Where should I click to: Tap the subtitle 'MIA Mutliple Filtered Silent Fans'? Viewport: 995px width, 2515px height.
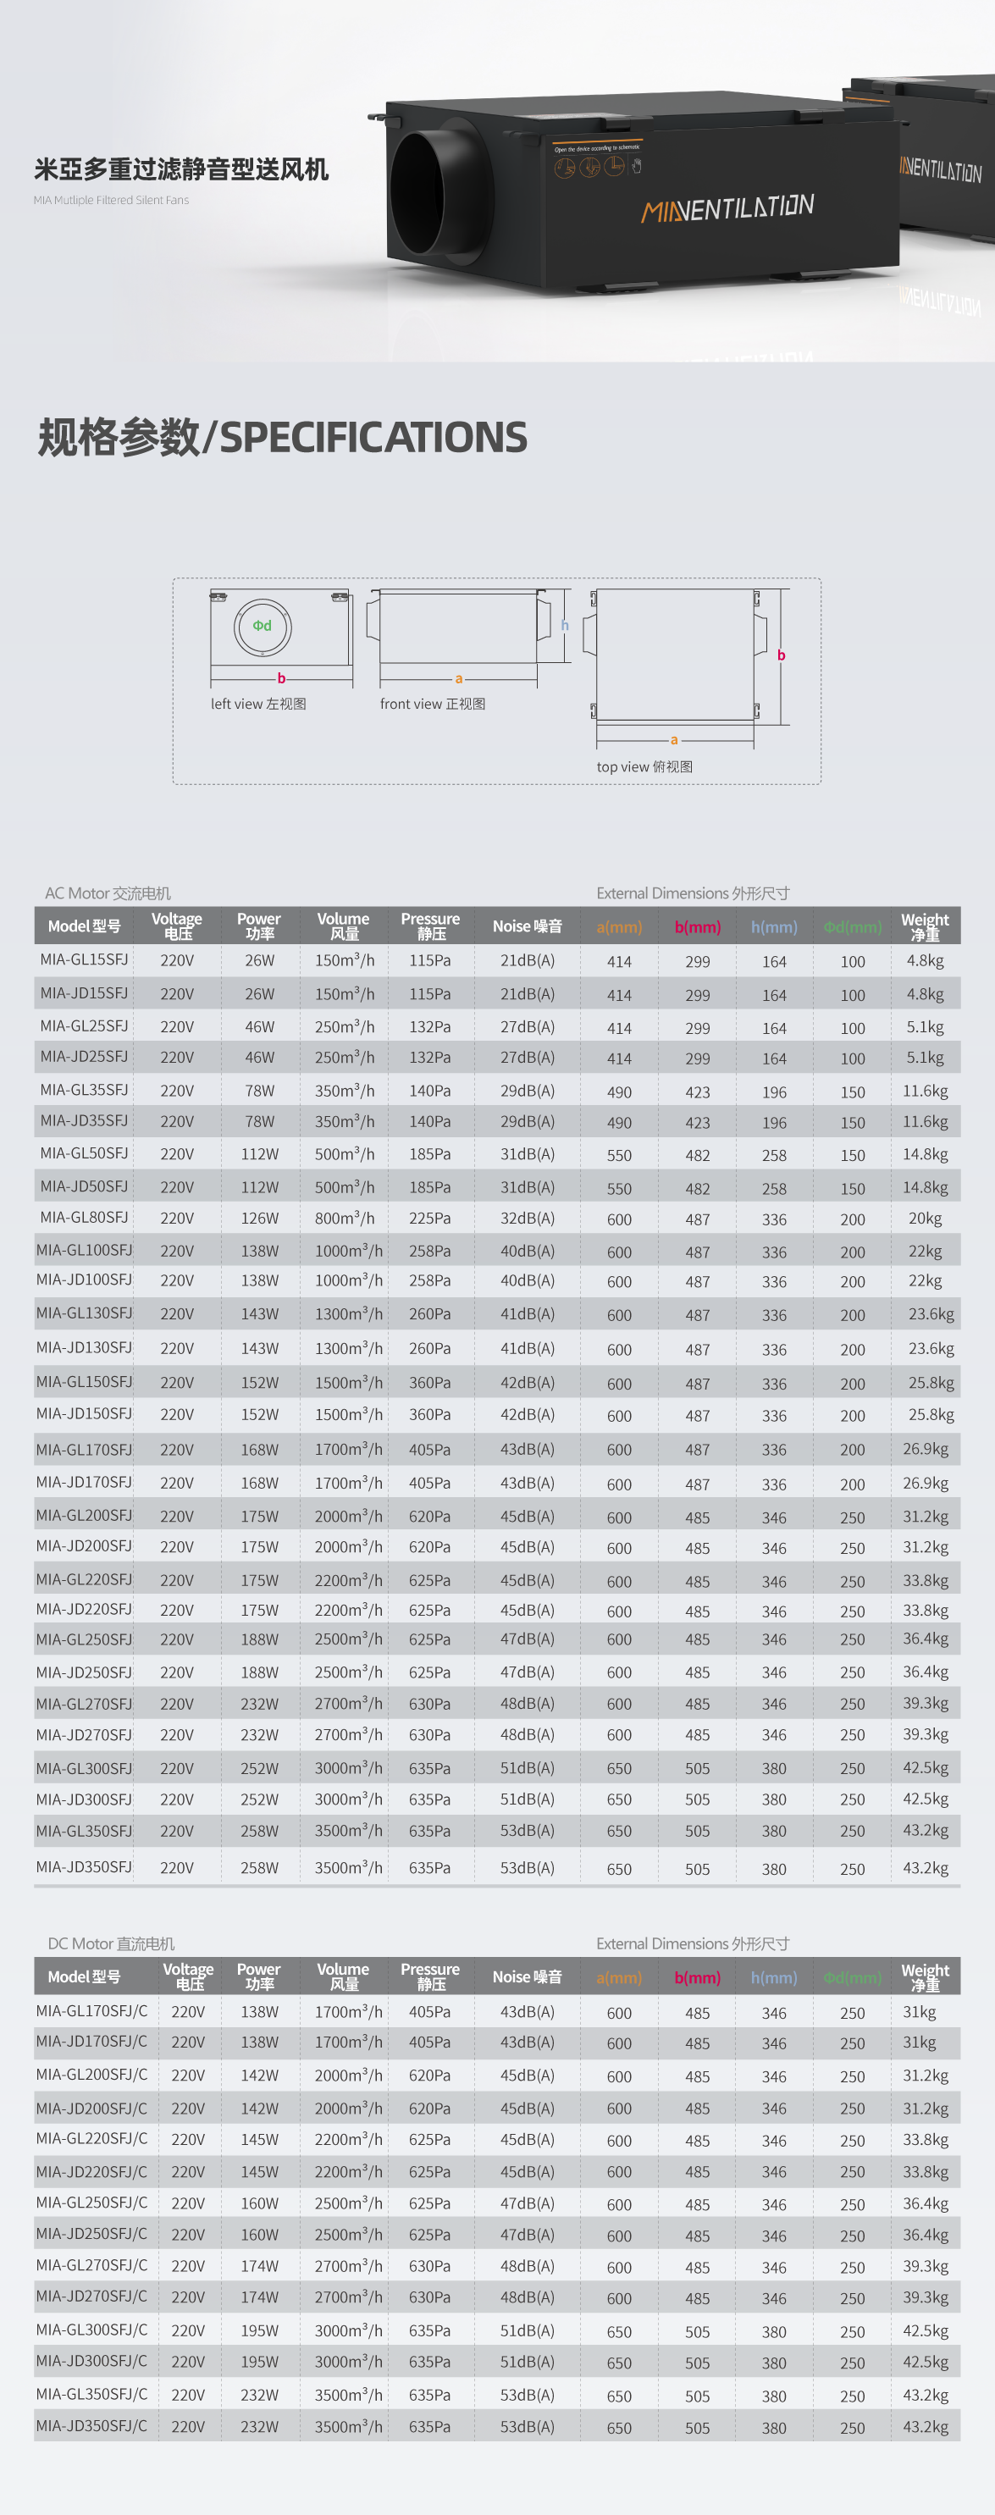pyautogui.click(x=111, y=200)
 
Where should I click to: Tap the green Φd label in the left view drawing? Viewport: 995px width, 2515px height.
pyautogui.click(x=262, y=626)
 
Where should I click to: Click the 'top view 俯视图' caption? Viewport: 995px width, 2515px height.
pyautogui.click(x=644, y=767)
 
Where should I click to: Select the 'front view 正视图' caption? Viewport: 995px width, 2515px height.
pyautogui.click(x=433, y=704)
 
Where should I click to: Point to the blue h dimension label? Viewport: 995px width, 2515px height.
pyautogui.click(x=564, y=626)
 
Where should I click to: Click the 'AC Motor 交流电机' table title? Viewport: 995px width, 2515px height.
pyautogui.click(x=108, y=893)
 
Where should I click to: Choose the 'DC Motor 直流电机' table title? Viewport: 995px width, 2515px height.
pyautogui.click(x=111, y=1944)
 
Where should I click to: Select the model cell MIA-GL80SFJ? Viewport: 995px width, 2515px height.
pyautogui.click(x=84, y=1218)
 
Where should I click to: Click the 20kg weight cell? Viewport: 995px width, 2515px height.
pyautogui.click(x=925, y=1219)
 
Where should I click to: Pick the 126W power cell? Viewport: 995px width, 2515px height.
pyautogui.click(x=260, y=1219)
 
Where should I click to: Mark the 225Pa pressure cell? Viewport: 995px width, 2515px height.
pyautogui.click(x=429, y=1219)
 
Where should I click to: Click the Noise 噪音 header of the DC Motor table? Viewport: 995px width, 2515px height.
pyautogui.click(x=528, y=1977)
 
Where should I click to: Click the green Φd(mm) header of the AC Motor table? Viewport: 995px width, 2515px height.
pyautogui.click(x=853, y=926)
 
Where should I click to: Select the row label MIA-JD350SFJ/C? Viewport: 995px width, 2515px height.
pyautogui.click(x=91, y=2426)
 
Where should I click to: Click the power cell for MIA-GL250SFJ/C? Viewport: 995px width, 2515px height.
pyautogui.click(x=260, y=2203)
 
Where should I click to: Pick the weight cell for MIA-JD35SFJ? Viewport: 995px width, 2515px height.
pyautogui.click(x=925, y=1122)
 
